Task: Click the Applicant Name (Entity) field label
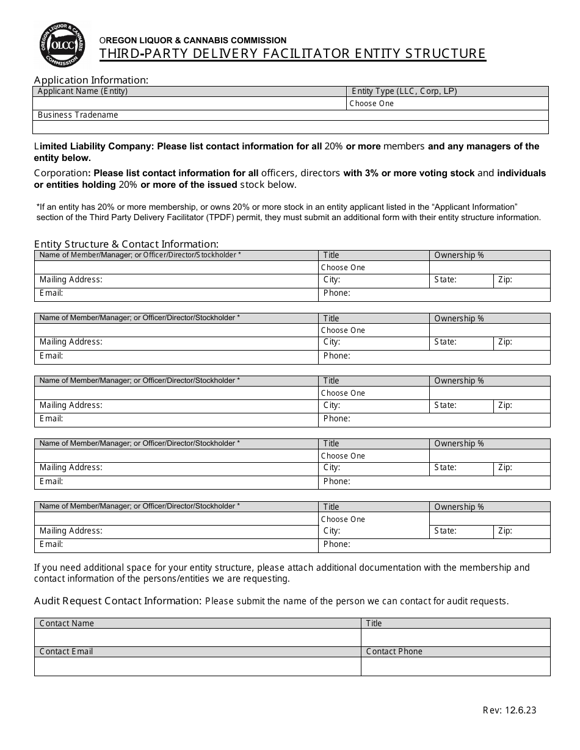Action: [82, 91]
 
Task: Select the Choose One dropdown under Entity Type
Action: [372, 104]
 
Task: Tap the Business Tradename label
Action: [78, 115]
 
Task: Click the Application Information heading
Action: [91, 80]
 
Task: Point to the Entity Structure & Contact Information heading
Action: [126, 244]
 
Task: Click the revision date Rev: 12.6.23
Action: [509, 710]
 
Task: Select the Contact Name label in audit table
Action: [67, 623]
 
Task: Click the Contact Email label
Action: [66, 651]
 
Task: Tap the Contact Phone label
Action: [394, 651]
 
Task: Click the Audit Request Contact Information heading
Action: [117, 601]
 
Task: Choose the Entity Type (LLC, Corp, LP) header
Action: [404, 91]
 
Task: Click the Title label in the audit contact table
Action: [374, 623]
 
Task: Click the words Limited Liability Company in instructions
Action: [94, 146]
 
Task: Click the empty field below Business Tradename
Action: [290, 127]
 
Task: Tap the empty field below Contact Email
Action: [197, 666]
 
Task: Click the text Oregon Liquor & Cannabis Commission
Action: [193, 40]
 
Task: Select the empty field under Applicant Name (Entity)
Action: [189, 104]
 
